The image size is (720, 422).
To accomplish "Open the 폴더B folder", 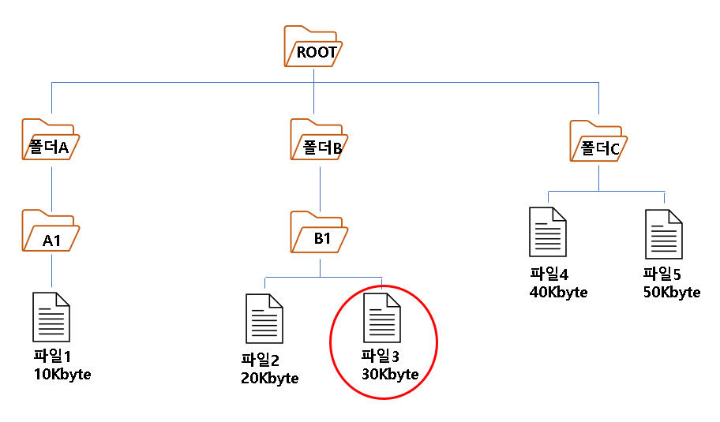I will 319,141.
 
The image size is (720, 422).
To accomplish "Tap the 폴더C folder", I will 598,141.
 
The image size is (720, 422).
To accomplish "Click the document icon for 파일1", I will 51,316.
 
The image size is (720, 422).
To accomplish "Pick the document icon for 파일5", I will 664,234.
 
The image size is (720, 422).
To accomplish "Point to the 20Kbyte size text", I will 270,378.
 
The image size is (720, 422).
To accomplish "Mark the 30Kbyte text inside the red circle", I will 389,374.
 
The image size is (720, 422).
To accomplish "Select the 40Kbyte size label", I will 559,293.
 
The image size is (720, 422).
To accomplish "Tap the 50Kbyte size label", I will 672,293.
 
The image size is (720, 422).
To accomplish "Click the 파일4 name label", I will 548,275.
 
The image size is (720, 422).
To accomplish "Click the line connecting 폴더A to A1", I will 51,186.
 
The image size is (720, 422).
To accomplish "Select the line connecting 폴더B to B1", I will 319,186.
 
